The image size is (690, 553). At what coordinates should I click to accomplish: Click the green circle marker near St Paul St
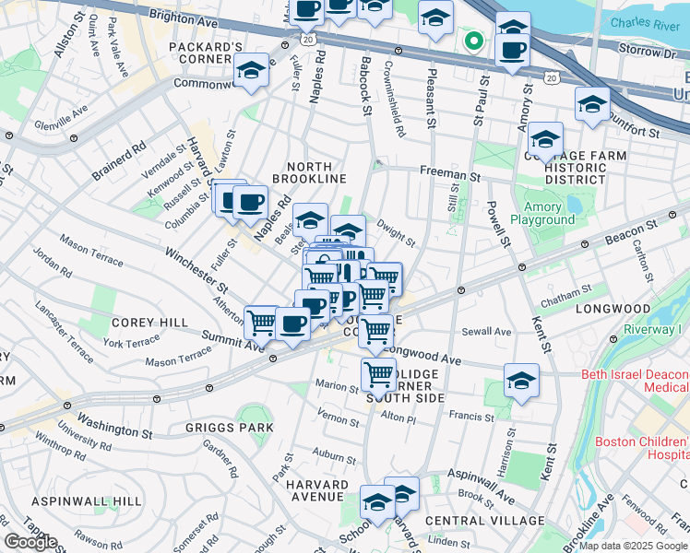(473, 41)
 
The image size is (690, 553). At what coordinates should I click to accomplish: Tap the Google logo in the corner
(30, 542)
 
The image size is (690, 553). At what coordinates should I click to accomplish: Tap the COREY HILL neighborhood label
(137, 323)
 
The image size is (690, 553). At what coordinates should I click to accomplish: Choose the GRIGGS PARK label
(229, 427)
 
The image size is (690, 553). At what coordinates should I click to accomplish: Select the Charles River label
(645, 23)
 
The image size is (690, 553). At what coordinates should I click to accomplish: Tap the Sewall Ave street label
(488, 331)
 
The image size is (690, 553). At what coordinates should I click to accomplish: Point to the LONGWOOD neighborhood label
(613, 309)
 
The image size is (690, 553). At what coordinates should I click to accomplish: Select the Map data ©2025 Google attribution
(633, 546)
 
